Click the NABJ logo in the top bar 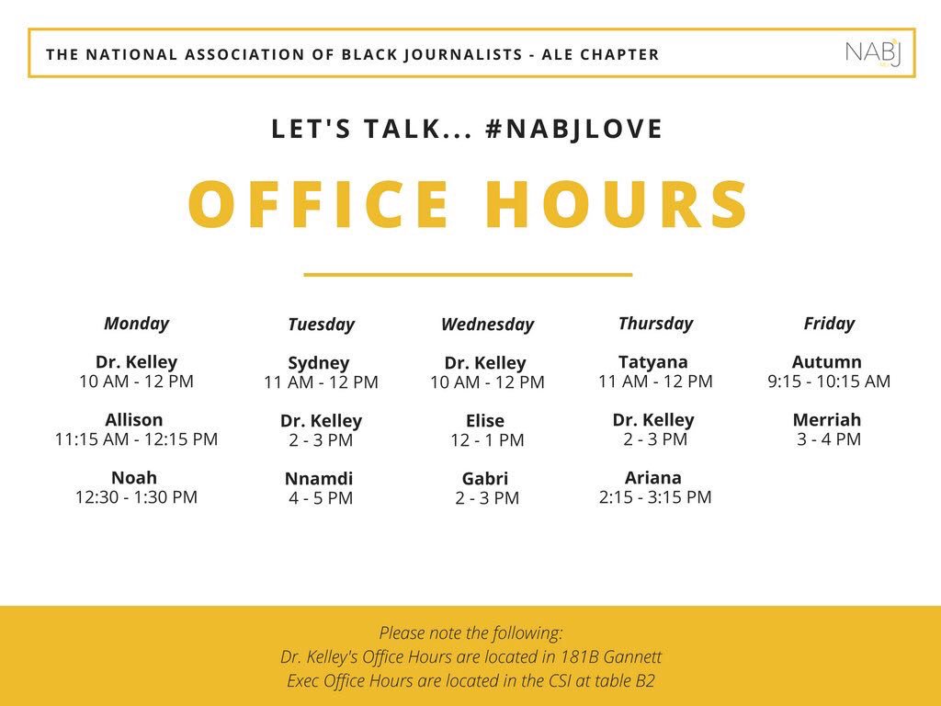(874, 53)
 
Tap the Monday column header (136, 324)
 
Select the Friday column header (829, 324)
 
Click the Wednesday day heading (487, 325)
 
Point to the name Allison (134, 420)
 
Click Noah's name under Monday (134, 478)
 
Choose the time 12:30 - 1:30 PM (136, 497)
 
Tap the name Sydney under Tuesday (319, 363)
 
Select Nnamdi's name (319, 479)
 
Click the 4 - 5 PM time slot (321, 498)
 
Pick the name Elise (485, 421)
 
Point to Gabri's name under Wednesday (485, 479)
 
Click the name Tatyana (653, 362)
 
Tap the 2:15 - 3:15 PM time (655, 497)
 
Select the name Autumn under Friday (826, 362)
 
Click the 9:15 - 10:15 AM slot (829, 381)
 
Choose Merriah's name (827, 420)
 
